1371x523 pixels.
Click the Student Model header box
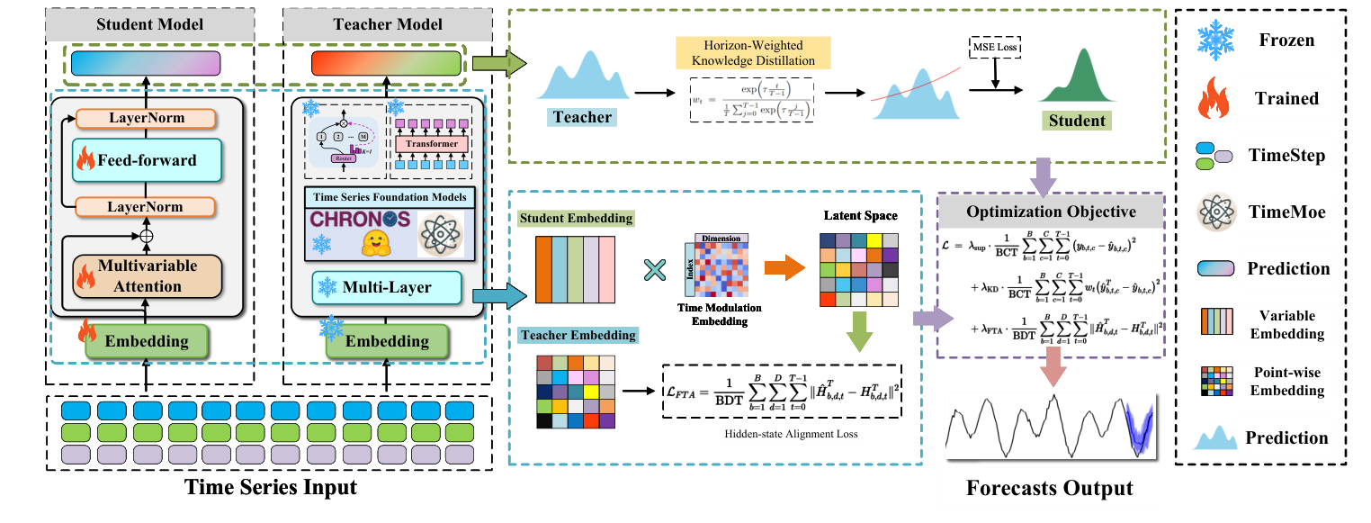[x=149, y=24]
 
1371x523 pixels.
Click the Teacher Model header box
[x=388, y=24]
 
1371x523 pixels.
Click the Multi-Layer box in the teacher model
[x=386, y=288]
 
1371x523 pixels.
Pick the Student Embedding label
[x=575, y=219]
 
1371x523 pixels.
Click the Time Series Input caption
[x=270, y=489]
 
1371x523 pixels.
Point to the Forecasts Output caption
[x=1049, y=489]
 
